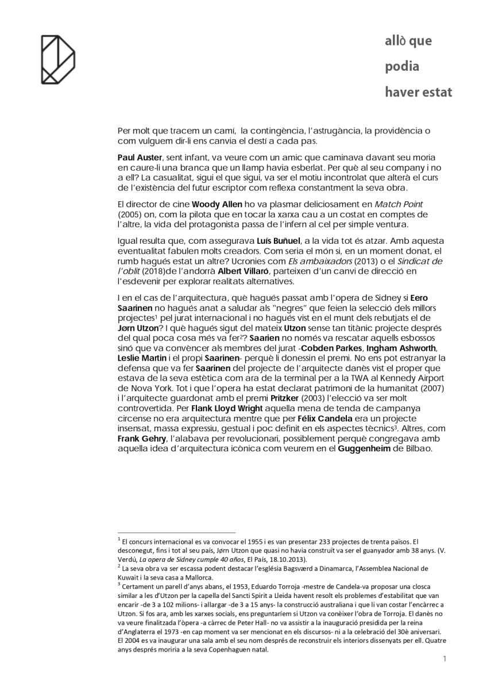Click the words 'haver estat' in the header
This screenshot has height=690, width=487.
coord(418,92)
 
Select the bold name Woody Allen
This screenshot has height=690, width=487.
coord(214,204)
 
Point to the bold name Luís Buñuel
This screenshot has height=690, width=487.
coord(281,240)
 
